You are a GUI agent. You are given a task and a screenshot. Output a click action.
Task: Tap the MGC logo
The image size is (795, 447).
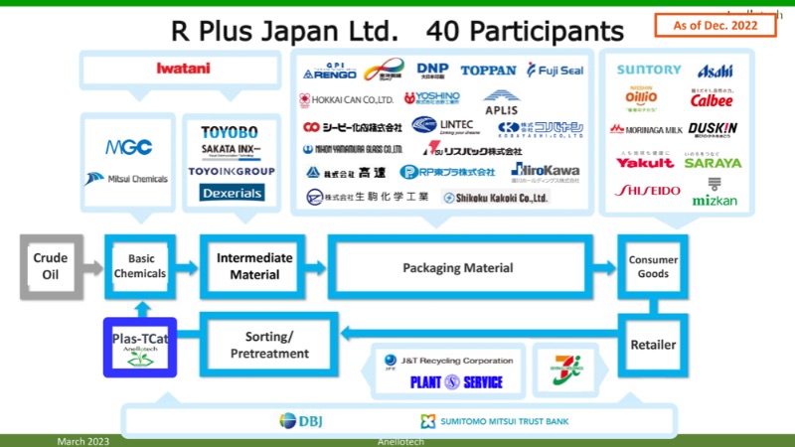click(129, 147)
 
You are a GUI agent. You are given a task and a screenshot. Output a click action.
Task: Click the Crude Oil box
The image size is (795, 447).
click(51, 266)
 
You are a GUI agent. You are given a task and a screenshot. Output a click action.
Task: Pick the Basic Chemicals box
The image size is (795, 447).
click(140, 266)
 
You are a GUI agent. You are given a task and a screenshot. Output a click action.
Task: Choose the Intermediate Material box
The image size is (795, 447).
click(255, 266)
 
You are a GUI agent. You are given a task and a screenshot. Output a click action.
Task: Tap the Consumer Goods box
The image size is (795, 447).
click(653, 266)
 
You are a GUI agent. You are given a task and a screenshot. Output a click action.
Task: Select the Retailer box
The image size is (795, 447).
click(653, 345)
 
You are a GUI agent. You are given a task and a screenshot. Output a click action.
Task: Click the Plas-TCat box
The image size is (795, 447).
click(140, 346)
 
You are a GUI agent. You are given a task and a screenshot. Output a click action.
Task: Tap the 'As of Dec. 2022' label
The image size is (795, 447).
click(715, 27)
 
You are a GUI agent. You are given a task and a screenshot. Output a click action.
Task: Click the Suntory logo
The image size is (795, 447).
click(649, 71)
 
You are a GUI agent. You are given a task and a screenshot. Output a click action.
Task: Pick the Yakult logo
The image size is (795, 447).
click(645, 161)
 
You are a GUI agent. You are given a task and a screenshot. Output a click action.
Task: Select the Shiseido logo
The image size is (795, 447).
click(647, 190)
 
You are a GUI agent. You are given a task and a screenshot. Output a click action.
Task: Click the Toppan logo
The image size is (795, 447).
click(488, 71)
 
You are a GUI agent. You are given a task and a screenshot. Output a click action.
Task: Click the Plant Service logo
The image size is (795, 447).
click(457, 381)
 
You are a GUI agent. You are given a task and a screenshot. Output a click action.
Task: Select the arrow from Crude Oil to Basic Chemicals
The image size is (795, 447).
click(92, 266)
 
